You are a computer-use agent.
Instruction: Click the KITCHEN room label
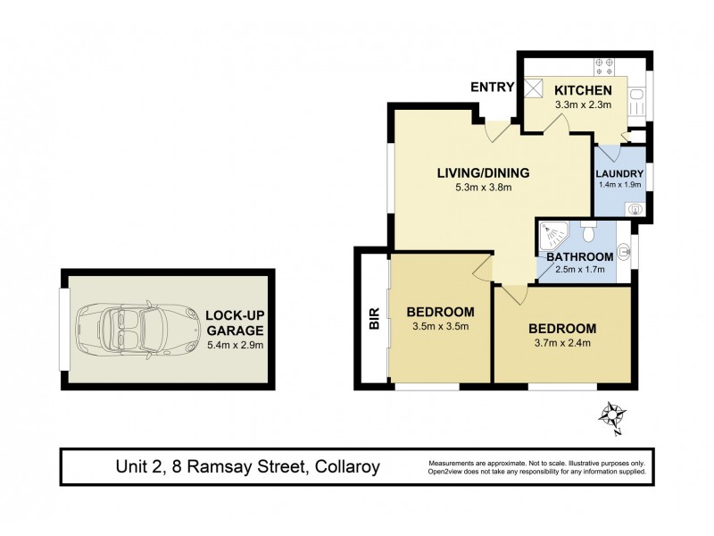pyautogui.click(x=583, y=90)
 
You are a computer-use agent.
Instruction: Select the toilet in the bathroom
pyautogui.click(x=587, y=235)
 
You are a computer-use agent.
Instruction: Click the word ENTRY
pyautogui.click(x=494, y=87)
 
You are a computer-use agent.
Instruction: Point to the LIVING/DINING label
pyautogui.click(x=483, y=172)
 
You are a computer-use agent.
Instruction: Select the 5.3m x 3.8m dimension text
pyautogui.click(x=483, y=188)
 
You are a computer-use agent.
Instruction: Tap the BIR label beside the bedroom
pyautogui.click(x=374, y=320)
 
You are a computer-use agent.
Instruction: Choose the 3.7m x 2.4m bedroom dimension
pyautogui.click(x=561, y=343)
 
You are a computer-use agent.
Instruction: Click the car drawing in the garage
pyautogui.click(x=138, y=328)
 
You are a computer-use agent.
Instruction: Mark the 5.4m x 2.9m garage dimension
pyautogui.click(x=234, y=344)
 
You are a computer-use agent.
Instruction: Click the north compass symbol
pyautogui.click(x=612, y=416)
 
